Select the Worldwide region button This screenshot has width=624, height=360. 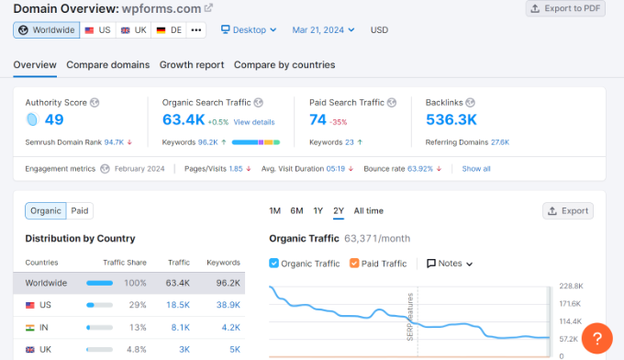point(46,30)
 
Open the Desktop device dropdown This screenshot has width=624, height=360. point(250,30)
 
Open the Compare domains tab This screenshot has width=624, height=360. point(107,65)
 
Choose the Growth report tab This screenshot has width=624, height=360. point(191,65)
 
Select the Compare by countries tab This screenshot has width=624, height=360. point(284,65)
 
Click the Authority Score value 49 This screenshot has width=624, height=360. point(53,119)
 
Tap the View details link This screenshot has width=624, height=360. point(253,122)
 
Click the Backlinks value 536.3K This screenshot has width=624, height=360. point(451,119)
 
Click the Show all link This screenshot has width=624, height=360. point(476,169)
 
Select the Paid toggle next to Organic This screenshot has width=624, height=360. point(81,210)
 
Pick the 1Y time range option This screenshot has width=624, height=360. point(318,210)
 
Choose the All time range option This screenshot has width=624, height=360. point(368,210)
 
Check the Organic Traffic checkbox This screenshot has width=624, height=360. point(274,264)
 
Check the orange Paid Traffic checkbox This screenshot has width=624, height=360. point(354,264)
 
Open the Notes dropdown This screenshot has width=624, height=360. point(450,264)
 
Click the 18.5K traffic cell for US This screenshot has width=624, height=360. point(178,304)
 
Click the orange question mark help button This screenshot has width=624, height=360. point(596,338)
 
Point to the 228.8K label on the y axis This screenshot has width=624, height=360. point(572,286)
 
